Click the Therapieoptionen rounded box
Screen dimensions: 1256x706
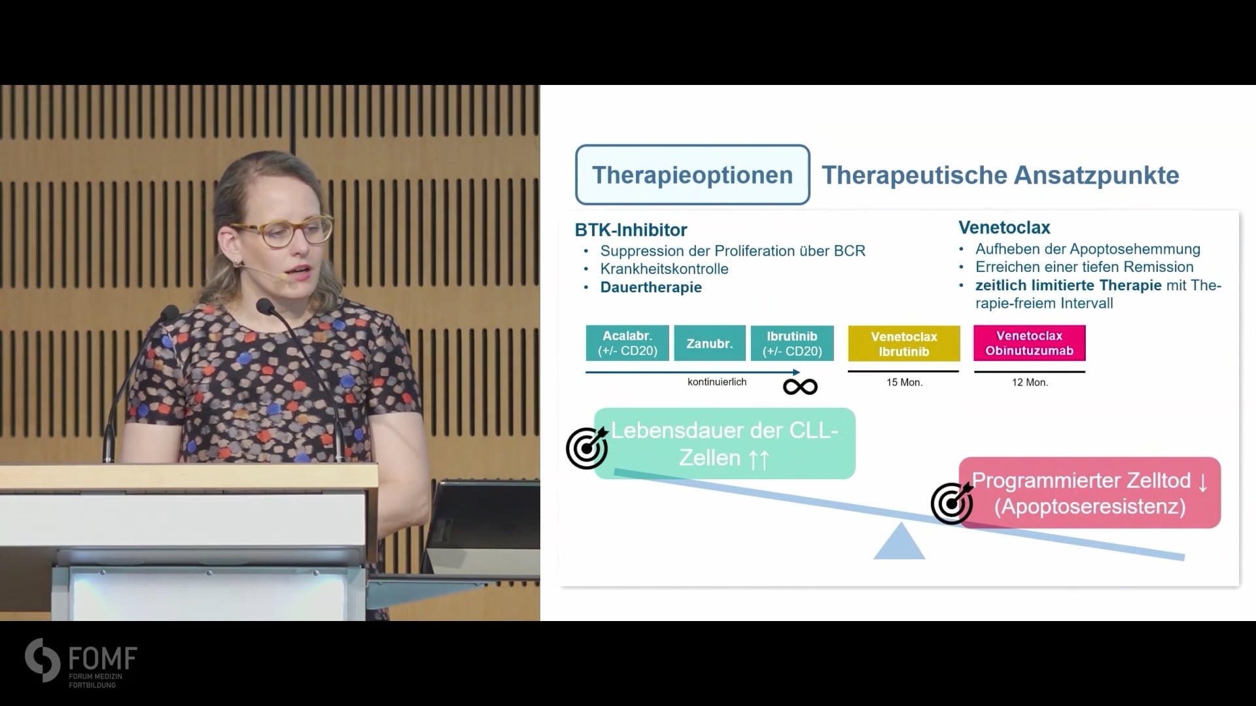[692, 175]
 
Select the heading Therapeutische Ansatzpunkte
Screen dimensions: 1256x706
[1000, 175]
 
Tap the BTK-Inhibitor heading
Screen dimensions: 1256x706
[631, 230]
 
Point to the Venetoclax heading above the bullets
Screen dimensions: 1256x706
[1004, 227]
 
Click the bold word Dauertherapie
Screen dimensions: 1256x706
[651, 287]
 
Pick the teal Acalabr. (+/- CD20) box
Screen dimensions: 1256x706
[627, 343]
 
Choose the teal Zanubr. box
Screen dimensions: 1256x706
[710, 343]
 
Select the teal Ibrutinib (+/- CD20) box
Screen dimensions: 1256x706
[792, 343]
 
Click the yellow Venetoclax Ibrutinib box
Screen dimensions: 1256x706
[904, 343]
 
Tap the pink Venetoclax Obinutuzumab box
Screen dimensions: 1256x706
[1030, 343]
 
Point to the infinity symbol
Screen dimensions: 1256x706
[800, 387]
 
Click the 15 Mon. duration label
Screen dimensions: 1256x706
[904, 382]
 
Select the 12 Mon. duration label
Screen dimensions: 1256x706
[1030, 382]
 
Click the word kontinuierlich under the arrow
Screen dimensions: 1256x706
[717, 382]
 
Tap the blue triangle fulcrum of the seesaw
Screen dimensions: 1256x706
[899, 541]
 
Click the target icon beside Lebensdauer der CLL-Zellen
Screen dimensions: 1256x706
[587, 448]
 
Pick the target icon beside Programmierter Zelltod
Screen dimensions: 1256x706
[952, 503]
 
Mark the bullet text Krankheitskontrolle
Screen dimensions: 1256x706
[664, 269]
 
